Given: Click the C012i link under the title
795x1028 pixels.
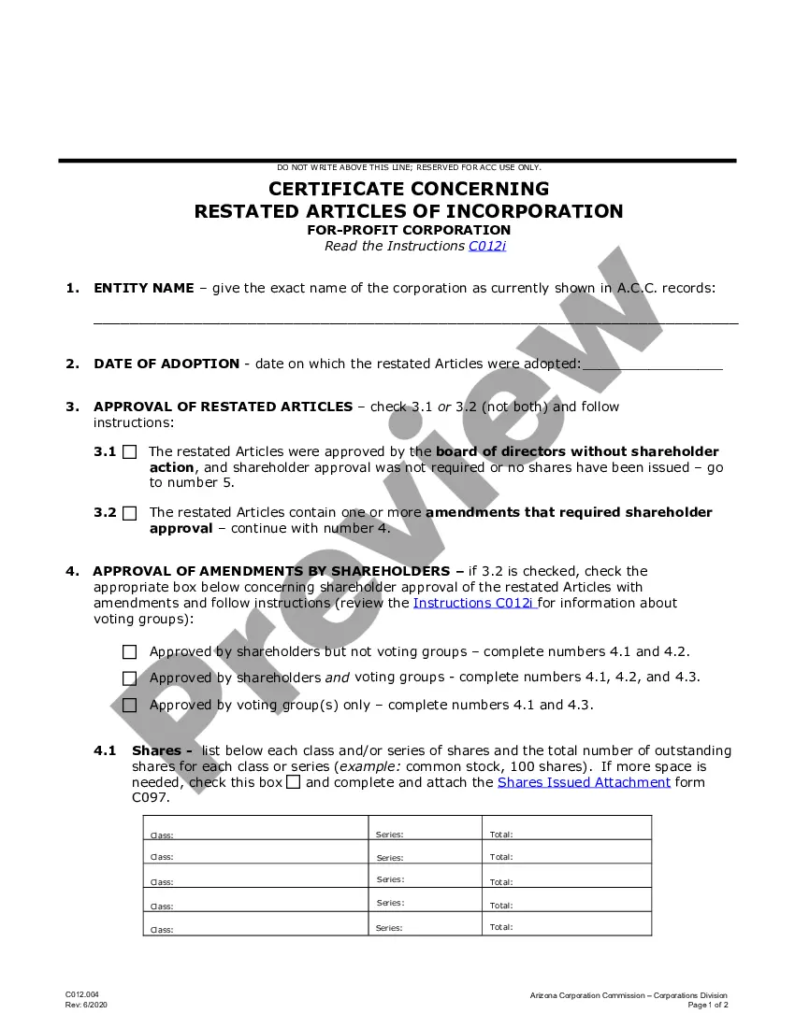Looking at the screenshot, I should [x=487, y=247].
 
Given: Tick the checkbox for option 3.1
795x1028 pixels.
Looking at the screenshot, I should [x=129, y=452].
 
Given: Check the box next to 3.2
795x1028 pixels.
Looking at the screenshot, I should [x=129, y=513].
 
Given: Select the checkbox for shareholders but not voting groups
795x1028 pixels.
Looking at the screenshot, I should [x=129, y=652].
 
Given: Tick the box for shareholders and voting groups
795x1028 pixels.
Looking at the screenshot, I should [x=129, y=678].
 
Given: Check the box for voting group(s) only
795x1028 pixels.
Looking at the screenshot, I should [x=129, y=706].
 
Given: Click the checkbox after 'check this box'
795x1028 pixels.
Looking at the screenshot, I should [x=294, y=782].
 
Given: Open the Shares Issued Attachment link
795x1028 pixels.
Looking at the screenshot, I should [x=584, y=782].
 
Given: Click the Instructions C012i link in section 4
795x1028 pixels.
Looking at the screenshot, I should [x=474, y=603].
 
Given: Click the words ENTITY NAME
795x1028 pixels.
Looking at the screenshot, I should [x=144, y=288].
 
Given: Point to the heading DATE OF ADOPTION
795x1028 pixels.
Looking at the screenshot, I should [x=166, y=364].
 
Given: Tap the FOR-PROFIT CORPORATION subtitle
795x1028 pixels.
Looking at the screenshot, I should [x=409, y=230].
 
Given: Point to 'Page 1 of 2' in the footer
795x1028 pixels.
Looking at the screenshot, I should [x=708, y=1006].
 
